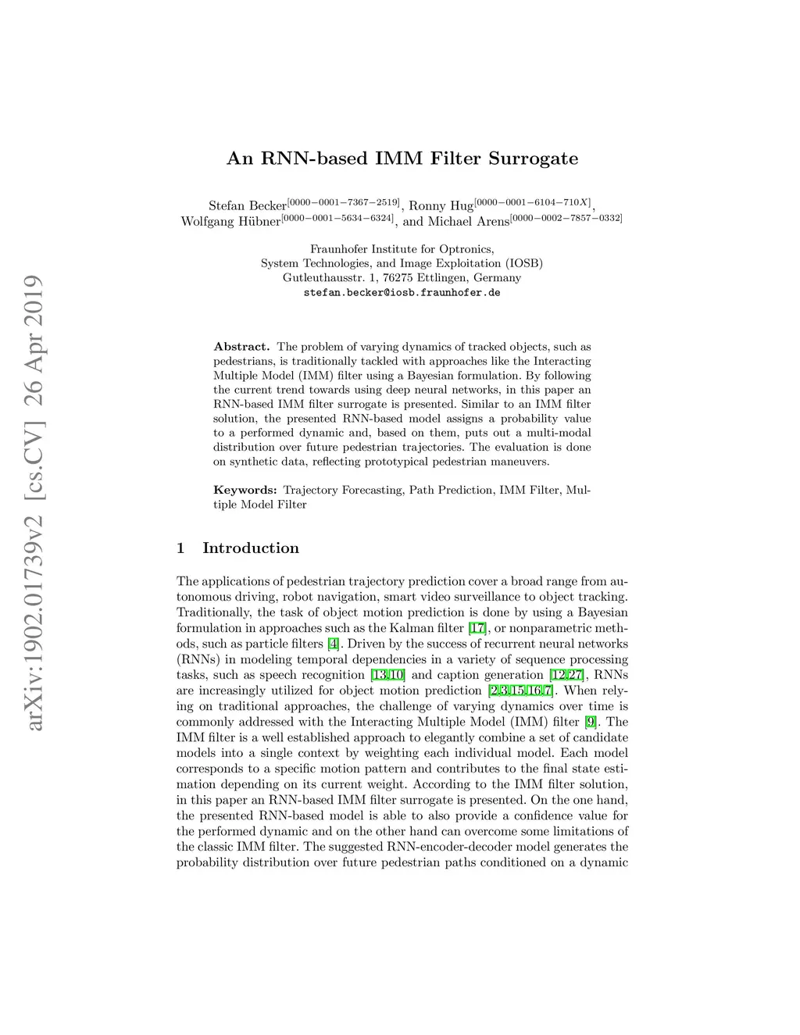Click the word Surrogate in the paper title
(534, 159)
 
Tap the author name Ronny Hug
(441, 206)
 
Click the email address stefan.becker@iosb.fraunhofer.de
(402, 293)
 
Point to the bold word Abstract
(241, 347)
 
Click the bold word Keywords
(245, 491)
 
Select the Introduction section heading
(250, 548)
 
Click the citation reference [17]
(477, 628)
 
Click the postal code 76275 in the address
(398, 278)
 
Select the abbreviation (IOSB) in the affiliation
(523, 264)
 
